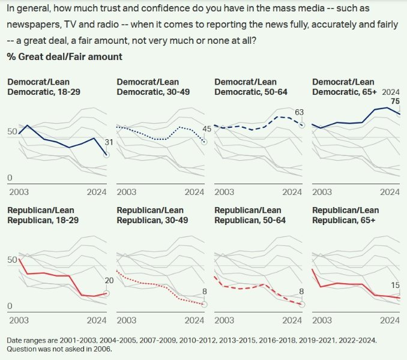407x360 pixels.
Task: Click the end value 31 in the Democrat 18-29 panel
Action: pyautogui.click(x=109, y=142)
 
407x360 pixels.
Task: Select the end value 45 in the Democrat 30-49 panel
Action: pyautogui.click(x=207, y=129)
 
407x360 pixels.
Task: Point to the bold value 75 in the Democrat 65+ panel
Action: pyautogui.click(x=395, y=101)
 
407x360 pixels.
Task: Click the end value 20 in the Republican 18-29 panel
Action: pyautogui.click(x=109, y=280)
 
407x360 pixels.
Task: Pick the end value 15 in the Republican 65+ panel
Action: pyautogui.click(x=395, y=285)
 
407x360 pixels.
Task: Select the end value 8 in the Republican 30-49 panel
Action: pyautogui.click(x=205, y=292)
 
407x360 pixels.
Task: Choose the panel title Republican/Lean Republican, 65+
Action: pyautogui.click(x=346, y=215)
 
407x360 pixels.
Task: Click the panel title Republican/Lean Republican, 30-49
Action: pyautogui.click(x=150, y=215)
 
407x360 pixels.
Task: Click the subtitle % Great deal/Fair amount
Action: pyautogui.click(x=64, y=56)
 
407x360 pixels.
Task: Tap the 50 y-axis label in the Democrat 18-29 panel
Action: pyautogui.click(x=11, y=131)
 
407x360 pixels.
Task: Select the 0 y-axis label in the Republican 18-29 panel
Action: pyautogui.click(x=10, y=307)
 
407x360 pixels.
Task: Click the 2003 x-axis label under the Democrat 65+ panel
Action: pyautogui.click(x=322, y=192)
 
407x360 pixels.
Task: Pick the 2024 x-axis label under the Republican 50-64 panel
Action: pyautogui.click(x=292, y=320)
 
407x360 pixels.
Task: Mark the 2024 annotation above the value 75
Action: pyautogui.click(x=390, y=91)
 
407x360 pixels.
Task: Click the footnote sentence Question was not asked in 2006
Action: pyautogui.click(x=59, y=349)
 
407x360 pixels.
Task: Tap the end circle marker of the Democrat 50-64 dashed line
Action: pyautogui.click(x=302, y=125)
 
